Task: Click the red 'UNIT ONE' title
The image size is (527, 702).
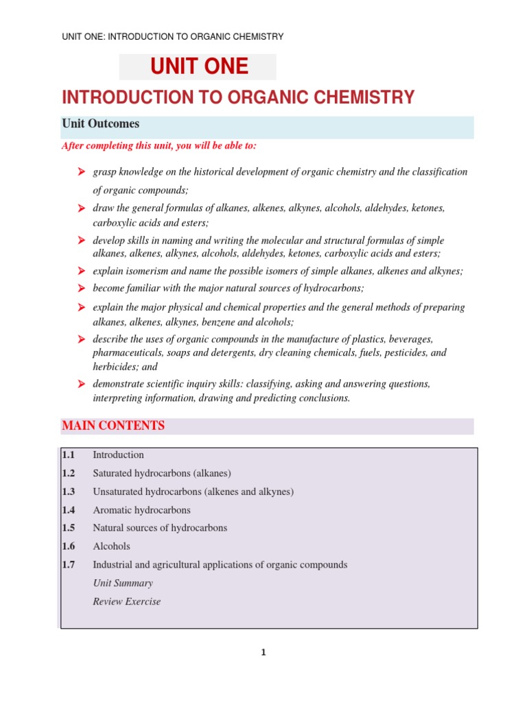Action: (199, 67)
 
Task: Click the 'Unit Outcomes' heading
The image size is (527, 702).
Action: (101, 124)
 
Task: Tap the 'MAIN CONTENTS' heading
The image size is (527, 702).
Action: (113, 426)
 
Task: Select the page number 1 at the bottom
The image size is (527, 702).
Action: (263, 653)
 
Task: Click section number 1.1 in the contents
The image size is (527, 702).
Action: (68, 455)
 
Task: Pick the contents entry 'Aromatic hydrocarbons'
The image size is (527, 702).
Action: (141, 510)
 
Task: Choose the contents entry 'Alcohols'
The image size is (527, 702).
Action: (111, 546)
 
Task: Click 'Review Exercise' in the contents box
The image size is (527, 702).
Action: (126, 602)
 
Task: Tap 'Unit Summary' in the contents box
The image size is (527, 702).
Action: (122, 583)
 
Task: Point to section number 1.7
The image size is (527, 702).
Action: (68, 565)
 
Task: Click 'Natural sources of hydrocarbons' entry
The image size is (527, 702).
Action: (159, 528)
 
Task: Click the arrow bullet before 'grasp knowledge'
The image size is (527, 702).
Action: (80, 172)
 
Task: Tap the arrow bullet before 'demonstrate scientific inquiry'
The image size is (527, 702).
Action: (80, 385)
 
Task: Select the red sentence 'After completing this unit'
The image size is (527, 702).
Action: (159, 146)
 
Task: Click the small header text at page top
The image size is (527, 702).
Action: (172, 36)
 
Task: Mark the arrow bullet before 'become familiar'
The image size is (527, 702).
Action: (80, 288)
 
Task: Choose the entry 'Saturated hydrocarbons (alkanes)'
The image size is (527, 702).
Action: (162, 473)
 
